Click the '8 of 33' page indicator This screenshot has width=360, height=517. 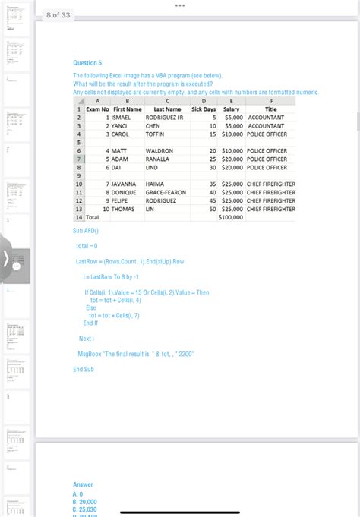pyautogui.click(x=58, y=14)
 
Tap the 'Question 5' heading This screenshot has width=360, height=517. pyautogui.click(x=87, y=63)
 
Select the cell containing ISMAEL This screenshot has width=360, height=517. pyautogui.click(x=125, y=118)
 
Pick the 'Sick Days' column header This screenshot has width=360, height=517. pyautogui.click(x=204, y=109)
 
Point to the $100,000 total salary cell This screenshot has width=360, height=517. pyautogui.click(x=231, y=217)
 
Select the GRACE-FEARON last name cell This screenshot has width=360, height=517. pyautogui.click(x=166, y=192)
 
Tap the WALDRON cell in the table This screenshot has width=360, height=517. pyautogui.click(x=159, y=150)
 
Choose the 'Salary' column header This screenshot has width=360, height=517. pyautogui.click(x=231, y=109)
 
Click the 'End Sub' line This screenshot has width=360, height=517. pyautogui.click(x=84, y=369)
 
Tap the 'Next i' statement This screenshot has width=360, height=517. pyautogui.click(x=86, y=338)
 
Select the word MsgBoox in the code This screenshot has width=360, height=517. pyautogui.click(x=90, y=354)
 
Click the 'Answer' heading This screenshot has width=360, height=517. pyautogui.click(x=83, y=484)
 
